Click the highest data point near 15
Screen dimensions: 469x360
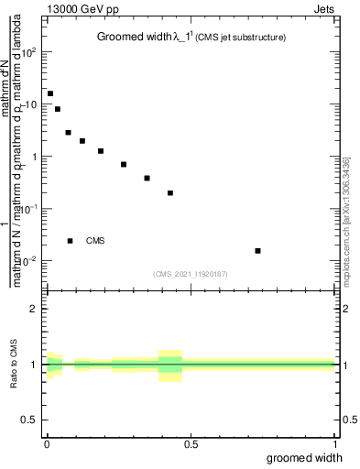50,93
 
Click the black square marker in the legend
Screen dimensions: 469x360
71,241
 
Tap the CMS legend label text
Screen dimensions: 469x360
95,241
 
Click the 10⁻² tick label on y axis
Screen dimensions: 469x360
28,261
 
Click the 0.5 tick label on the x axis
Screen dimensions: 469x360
191,444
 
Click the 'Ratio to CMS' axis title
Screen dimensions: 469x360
14,364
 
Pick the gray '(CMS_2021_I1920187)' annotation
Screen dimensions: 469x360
191,273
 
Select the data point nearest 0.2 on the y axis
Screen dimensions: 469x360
170,193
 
